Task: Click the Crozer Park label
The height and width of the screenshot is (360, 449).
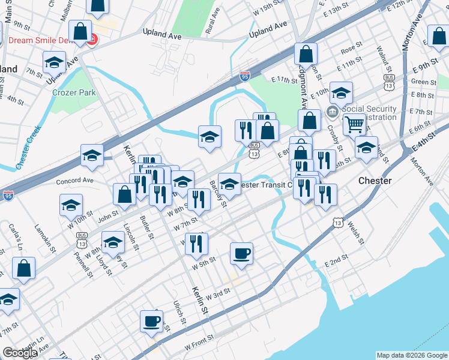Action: pyautogui.click(x=74, y=92)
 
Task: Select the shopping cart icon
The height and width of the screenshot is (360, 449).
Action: pyautogui.click(x=354, y=125)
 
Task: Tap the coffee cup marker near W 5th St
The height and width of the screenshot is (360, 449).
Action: pyautogui.click(x=241, y=253)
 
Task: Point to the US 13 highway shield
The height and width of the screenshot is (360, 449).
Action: pyautogui.click(x=338, y=223)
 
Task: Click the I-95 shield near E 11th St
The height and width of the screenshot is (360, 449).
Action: pyautogui.click(x=244, y=76)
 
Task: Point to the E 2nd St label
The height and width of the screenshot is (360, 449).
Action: pyautogui.click(x=336, y=263)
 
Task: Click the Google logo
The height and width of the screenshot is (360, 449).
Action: pyautogui.click(x=20, y=353)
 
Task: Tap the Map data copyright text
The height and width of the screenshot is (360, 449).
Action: pyautogui.click(x=411, y=355)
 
